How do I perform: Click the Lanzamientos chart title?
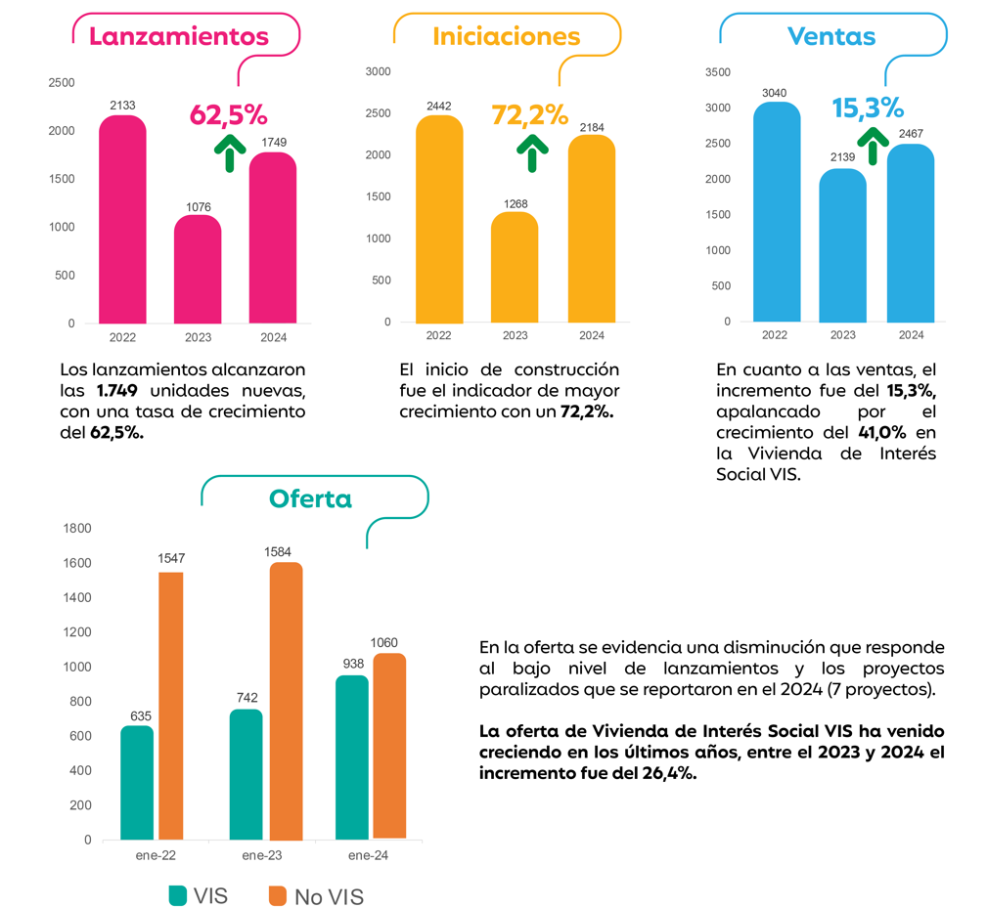tap(179, 36)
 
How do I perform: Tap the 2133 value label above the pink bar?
tap(122, 105)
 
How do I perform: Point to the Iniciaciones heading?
tap(506, 36)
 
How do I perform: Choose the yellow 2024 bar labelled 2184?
tap(591, 229)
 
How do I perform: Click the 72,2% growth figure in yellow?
tap(529, 114)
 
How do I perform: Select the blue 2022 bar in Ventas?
tap(776, 211)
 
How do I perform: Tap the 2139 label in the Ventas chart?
tap(842, 157)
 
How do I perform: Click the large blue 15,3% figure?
tap(868, 107)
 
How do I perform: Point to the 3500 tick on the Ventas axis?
tap(717, 72)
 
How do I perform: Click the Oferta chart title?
tap(310, 498)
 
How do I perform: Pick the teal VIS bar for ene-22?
tap(137, 782)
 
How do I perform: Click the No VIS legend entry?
tap(315, 896)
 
